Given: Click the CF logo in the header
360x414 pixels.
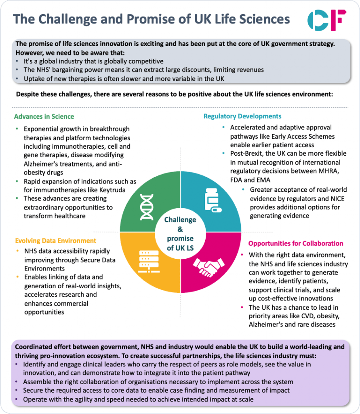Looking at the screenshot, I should pos(326,19).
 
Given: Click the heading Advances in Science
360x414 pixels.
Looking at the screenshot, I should pos(44,116).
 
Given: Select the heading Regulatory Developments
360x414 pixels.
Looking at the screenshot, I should pos(242,116).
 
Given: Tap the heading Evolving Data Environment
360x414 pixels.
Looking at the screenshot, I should pos(55,241).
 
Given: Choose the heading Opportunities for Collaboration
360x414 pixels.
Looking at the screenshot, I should pos(296,243).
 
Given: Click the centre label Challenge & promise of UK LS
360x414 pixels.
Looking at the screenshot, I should pos(180,234).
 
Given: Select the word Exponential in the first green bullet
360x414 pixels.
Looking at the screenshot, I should pos(42,129).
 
